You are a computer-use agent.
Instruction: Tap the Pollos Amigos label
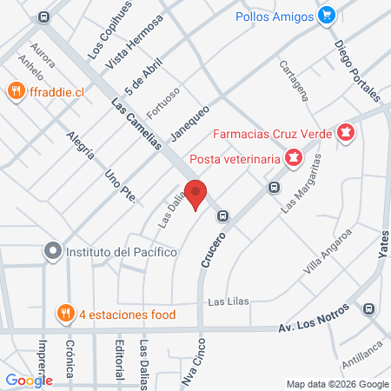point(275,15)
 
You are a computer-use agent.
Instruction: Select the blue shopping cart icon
point(327,14)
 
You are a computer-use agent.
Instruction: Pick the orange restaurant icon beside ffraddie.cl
point(16,90)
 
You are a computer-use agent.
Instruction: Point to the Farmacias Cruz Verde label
point(275,134)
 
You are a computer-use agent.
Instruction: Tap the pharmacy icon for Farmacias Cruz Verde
point(347,133)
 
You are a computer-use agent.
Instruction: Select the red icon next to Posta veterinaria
point(293,158)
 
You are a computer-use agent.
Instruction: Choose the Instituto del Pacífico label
point(122,252)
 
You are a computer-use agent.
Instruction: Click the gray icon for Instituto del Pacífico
point(53,252)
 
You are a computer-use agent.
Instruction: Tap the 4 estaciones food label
point(128,315)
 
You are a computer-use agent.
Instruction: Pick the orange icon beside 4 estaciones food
point(64,315)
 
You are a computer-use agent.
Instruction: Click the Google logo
point(30,380)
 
